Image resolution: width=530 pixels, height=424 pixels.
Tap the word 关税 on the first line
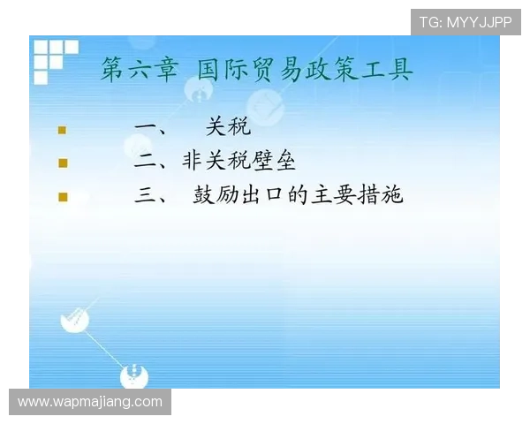pyautogui.click(x=228, y=128)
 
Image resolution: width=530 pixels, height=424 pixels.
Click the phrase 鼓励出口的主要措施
pyautogui.click(x=298, y=195)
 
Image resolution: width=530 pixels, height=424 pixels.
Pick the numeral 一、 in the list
pyautogui.click(x=152, y=129)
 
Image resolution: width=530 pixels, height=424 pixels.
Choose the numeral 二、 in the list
pyautogui.click(x=152, y=163)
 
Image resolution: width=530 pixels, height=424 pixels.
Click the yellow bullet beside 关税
pyautogui.click(x=63, y=130)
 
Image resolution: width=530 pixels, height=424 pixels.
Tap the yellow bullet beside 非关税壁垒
pyautogui.click(x=63, y=163)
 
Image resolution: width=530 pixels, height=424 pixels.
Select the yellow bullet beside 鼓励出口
pyautogui.click(x=63, y=197)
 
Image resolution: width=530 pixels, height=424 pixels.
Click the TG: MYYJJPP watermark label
pyautogui.click(x=466, y=22)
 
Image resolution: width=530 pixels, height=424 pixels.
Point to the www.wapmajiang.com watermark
pyautogui.click(x=91, y=402)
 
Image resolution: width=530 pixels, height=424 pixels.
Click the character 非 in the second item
pyautogui.click(x=193, y=162)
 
